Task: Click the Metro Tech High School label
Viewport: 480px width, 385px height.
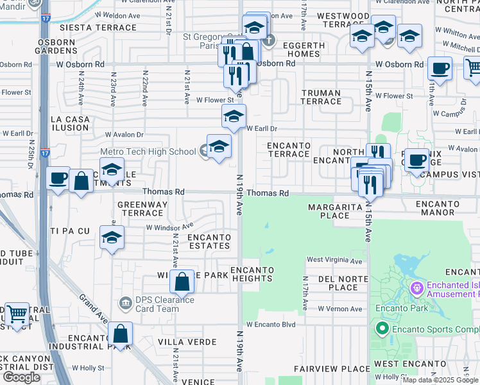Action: coord(148,151)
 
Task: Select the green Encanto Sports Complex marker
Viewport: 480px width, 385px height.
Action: coord(382,330)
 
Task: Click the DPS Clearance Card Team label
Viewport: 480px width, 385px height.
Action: coord(157,304)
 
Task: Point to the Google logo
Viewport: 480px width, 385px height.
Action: coord(21,377)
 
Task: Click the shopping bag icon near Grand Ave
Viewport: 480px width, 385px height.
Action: coord(120,334)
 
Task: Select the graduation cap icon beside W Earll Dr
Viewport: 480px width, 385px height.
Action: coord(234,116)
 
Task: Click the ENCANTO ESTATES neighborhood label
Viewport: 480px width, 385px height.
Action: coord(209,242)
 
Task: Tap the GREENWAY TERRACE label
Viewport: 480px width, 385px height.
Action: coord(142,209)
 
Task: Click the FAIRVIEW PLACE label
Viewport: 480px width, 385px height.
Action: coord(332,369)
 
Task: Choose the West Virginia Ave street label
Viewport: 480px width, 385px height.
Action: coord(334,260)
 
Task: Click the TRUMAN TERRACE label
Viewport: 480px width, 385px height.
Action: coord(321,98)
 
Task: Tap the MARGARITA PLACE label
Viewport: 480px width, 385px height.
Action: coord(338,211)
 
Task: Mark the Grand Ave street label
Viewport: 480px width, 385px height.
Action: coord(92,308)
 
